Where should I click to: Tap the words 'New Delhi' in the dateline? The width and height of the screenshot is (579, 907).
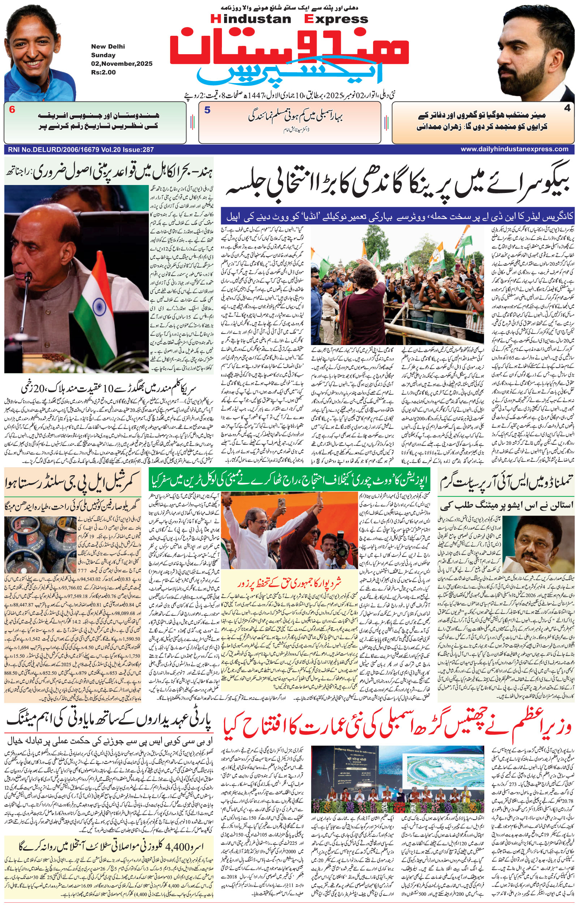tap(108, 47)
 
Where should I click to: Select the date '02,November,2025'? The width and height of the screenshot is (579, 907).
tap(121, 64)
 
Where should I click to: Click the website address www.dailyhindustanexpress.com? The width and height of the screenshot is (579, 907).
tap(514, 149)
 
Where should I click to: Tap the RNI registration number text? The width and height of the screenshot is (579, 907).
tap(81, 150)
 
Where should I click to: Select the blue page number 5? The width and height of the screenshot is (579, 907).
tap(207, 110)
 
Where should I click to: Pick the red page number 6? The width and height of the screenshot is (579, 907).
tap(12, 110)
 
